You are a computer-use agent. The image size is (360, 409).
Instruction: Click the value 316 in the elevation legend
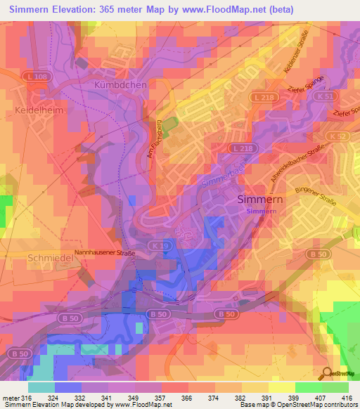pyautogui.click(x=26, y=397)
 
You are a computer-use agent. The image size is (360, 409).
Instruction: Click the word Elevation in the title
pyautogui.click(x=82, y=9)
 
